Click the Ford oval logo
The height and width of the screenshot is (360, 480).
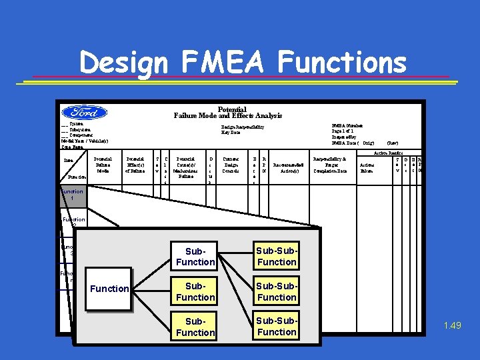pyautogui.click(x=84, y=113)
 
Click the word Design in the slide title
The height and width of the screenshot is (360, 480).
pyautogui.click(x=123, y=63)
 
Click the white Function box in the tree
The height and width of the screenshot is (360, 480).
pyautogui.click(x=109, y=289)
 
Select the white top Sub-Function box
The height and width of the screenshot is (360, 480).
pyautogui.click(x=195, y=257)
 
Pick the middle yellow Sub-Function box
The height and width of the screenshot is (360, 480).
pyautogui.click(x=195, y=292)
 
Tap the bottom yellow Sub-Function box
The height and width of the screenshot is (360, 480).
pyautogui.click(x=195, y=327)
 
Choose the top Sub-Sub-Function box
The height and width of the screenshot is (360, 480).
pyautogui.click(x=277, y=257)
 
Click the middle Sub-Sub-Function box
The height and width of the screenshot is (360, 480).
pyautogui.click(x=277, y=292)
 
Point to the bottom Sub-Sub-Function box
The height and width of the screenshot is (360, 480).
pyautogui.click(x=277, y=327)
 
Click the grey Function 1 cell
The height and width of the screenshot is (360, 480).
pyautogui.click(x=72, y=195)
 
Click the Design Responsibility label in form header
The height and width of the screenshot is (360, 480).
pyautogui.click(x=243, y=127)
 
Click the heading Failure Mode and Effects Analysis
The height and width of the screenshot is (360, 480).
pyautogui.click(x=228, y=115)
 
